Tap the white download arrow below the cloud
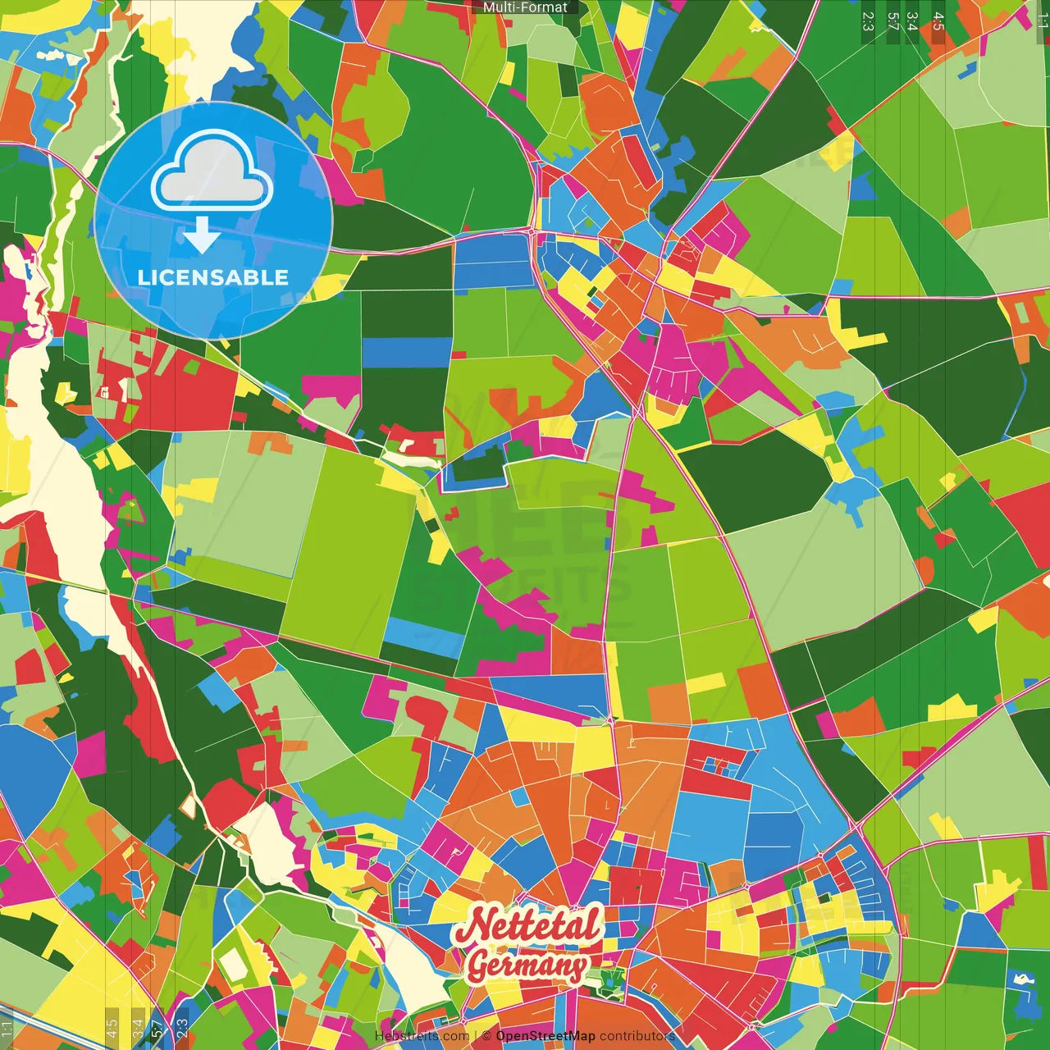click(201, 235)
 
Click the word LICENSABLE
click(213, 277)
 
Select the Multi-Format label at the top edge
click(525, 7)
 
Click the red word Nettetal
click(527, 925)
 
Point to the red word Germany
click(527, 966)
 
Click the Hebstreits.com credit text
click(422, 1036)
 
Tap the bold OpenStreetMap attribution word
click(546, 1036)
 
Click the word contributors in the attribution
click(637, 1036)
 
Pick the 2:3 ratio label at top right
click(868, 21)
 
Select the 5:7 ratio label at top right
click(892, 21)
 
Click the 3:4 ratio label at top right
click(911, 21)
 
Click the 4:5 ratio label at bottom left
click(112, 1026)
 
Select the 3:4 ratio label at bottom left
click(138, 1026)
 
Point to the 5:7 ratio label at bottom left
click(157, 1026)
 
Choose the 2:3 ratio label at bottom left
click(182, 1026)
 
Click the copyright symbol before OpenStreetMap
click(486, 1036)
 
